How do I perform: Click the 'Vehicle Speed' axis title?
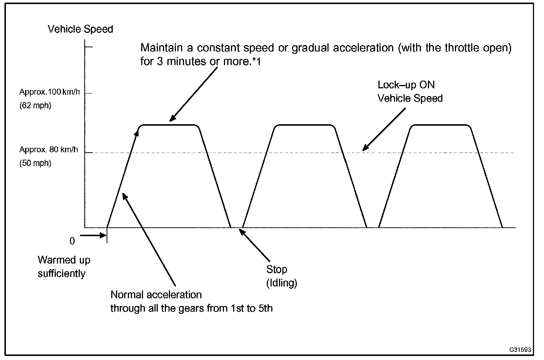(x=80, y=29)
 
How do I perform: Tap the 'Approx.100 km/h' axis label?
(x=49, y=92)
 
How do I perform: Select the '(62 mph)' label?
(x=35, y=106)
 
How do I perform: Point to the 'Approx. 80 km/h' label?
(x=49, y=150)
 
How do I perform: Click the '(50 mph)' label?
(x=35, y=163)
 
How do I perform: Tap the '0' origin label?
(x=72, y=241)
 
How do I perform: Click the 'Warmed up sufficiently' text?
(x=64, y=266)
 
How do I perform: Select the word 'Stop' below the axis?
(x=276, y=269)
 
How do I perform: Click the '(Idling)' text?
(x=282, y=283)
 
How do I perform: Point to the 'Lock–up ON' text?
(x=406, y=85)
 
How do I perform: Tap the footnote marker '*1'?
(x=256, y=62)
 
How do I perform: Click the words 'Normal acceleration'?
(x=156, y=295)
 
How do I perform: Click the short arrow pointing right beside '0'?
(x=93, y=235)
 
